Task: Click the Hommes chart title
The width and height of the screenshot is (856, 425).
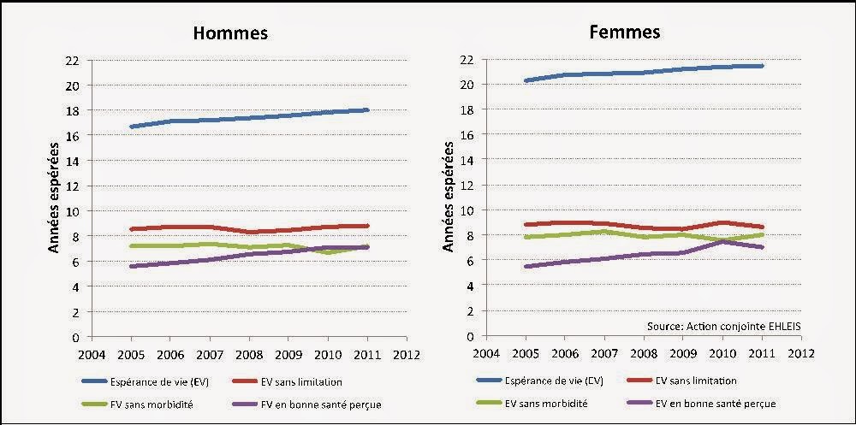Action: (229, 33)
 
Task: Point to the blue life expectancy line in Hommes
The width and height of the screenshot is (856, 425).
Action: (248, 118)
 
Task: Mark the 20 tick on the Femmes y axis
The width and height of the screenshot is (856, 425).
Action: (467, 85)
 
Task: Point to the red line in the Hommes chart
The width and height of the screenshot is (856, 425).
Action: (248, 230)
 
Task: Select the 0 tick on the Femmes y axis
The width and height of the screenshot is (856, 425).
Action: (470, 336)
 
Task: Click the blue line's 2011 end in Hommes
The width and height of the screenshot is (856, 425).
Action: (367, 109)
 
